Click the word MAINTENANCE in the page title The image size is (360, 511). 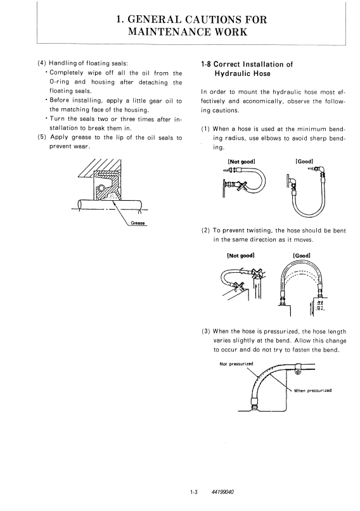coord(170,32)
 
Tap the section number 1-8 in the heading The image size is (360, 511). coord(206,64)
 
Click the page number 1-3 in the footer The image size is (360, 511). coord(194,492)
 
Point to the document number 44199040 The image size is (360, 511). coord(222,492)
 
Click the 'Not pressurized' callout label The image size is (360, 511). coord(236,364)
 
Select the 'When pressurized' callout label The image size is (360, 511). coord(312,391)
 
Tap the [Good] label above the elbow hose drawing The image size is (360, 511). coord(304,161)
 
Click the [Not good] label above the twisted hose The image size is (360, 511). coord(241,256)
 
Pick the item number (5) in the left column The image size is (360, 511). coord(42,137)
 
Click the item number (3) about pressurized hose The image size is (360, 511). coord(206,331)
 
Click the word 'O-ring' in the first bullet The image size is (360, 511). coord(59,82)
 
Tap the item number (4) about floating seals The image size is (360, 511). coord(42,63)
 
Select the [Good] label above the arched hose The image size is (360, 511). coord(302,256)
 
